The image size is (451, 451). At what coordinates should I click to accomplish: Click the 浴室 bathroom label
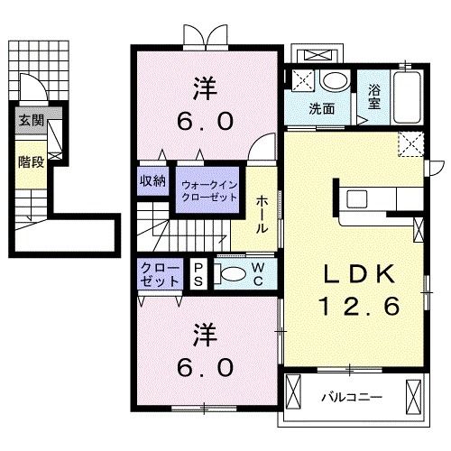point(374,97)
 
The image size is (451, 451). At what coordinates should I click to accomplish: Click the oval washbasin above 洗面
point(335,82)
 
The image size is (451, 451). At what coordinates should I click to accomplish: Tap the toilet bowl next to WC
point(234,273)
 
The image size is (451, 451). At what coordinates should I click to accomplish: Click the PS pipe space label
point(199,273)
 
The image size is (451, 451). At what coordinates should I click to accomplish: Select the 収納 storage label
point(152,179)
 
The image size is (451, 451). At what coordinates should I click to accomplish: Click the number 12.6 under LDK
point(357,307)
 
